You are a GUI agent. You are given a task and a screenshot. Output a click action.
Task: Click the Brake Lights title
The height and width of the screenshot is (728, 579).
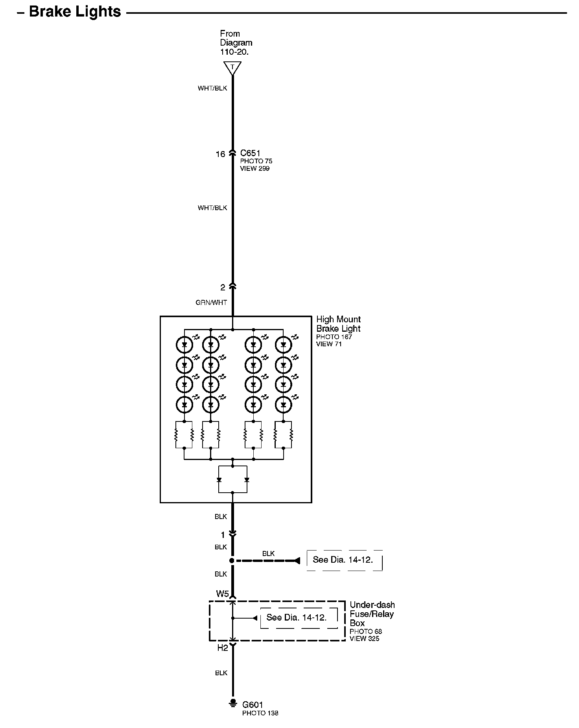point(75,12)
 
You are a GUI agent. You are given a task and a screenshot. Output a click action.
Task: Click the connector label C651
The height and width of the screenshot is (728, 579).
point(250,153)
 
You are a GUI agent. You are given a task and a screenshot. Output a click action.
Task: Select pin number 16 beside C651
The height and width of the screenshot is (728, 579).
point(220,154)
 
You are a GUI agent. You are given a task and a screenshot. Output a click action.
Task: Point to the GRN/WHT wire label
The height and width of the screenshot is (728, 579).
point(211,303)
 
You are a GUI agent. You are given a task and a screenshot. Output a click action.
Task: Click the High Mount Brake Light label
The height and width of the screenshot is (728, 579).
point(338,324)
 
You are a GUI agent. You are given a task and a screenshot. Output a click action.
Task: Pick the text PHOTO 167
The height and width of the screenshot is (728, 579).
point(334,337)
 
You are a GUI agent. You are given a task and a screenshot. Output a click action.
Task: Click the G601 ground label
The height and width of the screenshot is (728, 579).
point(253,705)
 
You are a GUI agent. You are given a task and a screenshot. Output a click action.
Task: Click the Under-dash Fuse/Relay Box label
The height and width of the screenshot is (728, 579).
point(372,614)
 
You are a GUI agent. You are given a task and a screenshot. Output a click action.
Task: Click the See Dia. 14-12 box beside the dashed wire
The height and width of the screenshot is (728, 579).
point(343,560)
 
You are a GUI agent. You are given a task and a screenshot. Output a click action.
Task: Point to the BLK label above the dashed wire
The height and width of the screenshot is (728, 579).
point(268,554)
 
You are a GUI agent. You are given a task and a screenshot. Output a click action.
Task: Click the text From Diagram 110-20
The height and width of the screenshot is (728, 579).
point(236,43)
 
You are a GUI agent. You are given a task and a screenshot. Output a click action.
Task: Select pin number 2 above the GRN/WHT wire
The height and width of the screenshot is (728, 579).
point(223,288)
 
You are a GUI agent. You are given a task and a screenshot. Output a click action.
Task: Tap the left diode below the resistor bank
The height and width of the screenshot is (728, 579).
point(219,480)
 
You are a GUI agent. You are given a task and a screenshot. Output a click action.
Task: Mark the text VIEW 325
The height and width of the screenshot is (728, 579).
point(364,638)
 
